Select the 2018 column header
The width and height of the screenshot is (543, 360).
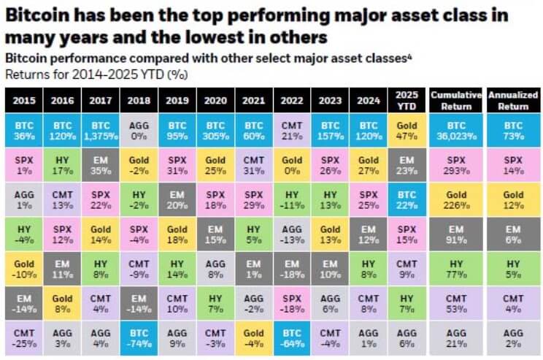(x=138, y=99)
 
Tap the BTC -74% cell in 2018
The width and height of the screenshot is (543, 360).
(x=138, y=337)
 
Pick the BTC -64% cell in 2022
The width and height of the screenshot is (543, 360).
(x=291, y=337)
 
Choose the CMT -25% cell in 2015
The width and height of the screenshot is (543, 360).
(x=23, y=337)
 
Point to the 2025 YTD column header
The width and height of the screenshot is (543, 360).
(x=406, y=99)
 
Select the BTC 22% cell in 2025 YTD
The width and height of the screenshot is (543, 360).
(x=406, y=199)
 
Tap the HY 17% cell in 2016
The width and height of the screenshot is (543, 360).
(x=61, y=165)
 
